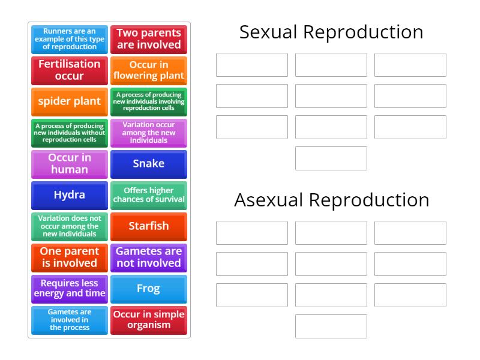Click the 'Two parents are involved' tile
tap(148, 39)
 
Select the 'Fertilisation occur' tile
tap(70, 70)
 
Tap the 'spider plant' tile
tap(70, 101)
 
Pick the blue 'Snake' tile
tap(148, 164)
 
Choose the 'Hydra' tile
tap(70, 195)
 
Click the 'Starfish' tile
tap(148, 226)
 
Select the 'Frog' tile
tap(148, 289)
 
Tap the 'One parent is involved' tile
tap(70, 257)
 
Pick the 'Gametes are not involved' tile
tap(148, 257)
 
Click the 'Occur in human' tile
tap(70, 164)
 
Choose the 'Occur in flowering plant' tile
tap(148, 70)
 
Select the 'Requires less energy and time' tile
tap(70, 289)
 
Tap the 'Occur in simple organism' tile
tap(148, 320)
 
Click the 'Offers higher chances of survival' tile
tap(148, 195)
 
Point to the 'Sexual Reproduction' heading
tap(331, 32)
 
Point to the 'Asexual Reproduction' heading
tap(331, 200)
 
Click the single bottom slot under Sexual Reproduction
tap(331, 158)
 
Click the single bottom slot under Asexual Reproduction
tap(331, 326)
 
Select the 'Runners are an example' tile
tap(70, 39)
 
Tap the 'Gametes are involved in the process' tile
tap(70, 320)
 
